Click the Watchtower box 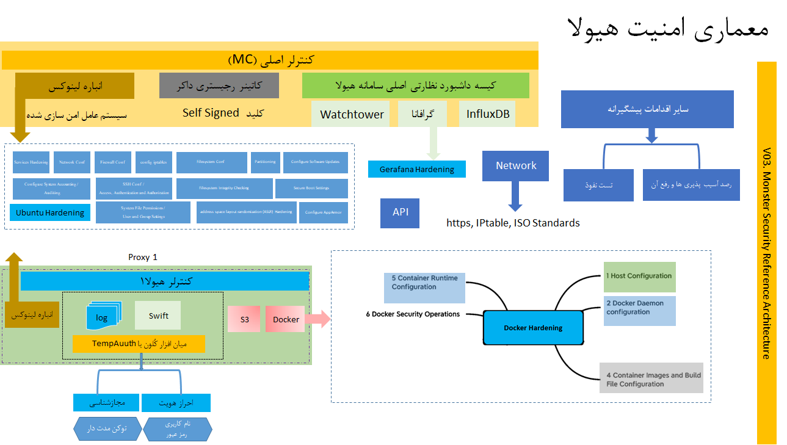(x=352, y=114)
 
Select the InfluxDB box (x=487, y=114)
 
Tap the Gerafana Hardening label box (x=417, y=169)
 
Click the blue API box (x=401, y=212)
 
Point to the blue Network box (x=516, y=166)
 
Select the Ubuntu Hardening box (x=50, y=212)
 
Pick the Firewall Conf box (x=112, y=162)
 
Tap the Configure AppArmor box (x=324, y=212)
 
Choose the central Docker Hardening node (x=533, y=328)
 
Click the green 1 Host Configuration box (x=640, y=277)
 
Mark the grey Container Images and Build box (x=652, y=378)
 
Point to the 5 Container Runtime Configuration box (x=424, y=288)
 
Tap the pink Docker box (x=285, y=319)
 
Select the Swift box (x=158, y=316)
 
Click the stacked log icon (x=103, y=317)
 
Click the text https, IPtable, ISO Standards (x=513, y=223)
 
